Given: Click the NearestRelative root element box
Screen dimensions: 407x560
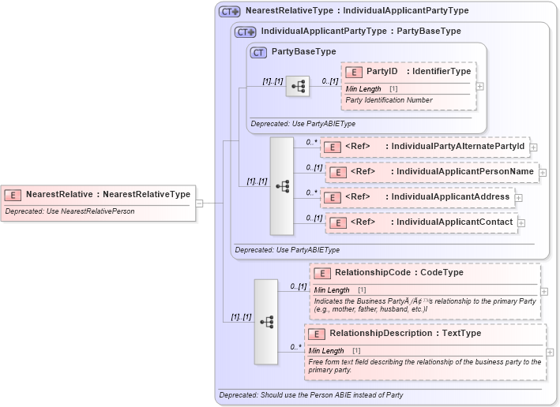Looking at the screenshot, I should click(97, 194).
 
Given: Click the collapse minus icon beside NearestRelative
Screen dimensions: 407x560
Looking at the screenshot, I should click(200, 203).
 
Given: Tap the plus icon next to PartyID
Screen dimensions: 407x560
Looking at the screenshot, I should click(479, 86).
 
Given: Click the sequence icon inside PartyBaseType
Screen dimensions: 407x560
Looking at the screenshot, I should click(298, 86).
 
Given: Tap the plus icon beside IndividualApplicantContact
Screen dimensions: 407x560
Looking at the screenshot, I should click(521, 223).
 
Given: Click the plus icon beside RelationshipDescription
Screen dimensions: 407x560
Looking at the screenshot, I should click(550, 353).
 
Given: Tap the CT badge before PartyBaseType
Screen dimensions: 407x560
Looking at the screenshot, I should click(258, 52).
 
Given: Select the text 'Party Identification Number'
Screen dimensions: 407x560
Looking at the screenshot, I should click(389, 100).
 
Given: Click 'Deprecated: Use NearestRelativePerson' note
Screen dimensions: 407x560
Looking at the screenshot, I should click(70, 211).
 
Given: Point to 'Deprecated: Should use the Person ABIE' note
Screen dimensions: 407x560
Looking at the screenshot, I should click(310, 394).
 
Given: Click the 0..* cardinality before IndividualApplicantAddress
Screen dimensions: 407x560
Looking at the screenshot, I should click(311, 192).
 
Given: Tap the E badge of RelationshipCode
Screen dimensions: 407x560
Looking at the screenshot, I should click(321, 273).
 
